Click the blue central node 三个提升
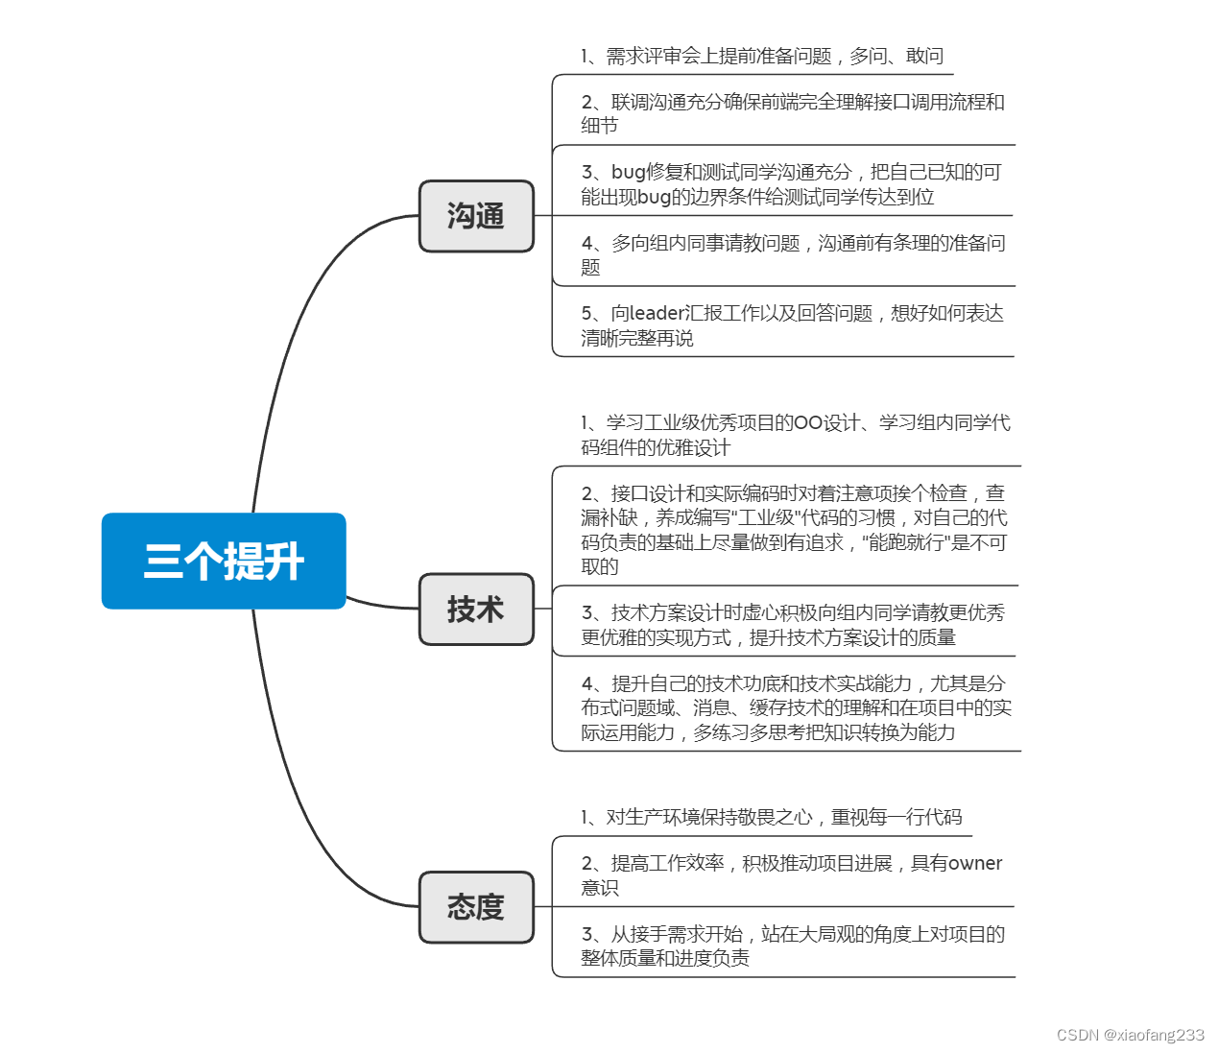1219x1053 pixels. tap(224, 562)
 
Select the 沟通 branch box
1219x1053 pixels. tap(476, 216)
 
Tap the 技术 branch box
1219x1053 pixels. tap(476, 610)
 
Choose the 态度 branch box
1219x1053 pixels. tap(476, 907)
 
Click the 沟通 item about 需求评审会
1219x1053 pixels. tap(762, 57)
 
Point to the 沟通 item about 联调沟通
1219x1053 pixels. tap(792, 113)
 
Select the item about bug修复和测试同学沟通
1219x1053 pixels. tap(791, 184)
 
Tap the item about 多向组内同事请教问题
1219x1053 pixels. tap(793, 254)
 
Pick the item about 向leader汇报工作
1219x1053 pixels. tap(792, 325)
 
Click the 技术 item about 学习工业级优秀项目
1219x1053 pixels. tap(795, 435)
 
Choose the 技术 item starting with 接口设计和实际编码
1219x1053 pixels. tap(794, 529)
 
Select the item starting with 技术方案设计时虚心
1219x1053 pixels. tap(793, 625)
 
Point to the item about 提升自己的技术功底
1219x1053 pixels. tap(796, 707)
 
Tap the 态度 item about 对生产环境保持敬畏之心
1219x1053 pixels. tap(771, 817)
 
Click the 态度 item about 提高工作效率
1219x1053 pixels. tap(791, 874)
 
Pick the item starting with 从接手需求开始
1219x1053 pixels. tap(793, 945)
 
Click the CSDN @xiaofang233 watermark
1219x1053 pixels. tap(1130, 1035)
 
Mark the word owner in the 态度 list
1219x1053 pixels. tap(975, 863)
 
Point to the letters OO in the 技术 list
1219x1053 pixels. tap(808, 423)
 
